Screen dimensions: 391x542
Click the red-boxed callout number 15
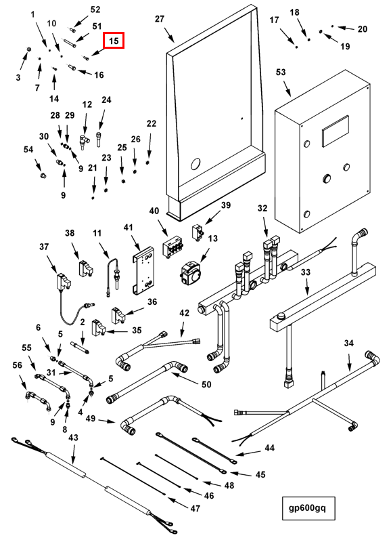(x=114, y=41)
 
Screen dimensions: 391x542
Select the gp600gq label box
(x=308, y=508)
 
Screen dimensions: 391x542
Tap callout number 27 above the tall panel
(x=160, y=19)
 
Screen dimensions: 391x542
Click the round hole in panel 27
(x=195, y=163)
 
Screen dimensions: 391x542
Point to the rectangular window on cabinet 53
(x=335, y=132)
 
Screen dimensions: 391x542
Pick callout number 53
(x=281, y=72)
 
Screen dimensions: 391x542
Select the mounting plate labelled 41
(x=144, y=270)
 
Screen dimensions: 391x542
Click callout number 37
(x=44, y=247)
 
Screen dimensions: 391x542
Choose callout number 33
(x=305, y=272)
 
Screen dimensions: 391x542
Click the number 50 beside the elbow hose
(x=206, y=384)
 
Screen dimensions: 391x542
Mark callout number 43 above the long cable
(x=73, y=438)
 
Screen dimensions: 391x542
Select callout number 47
(x=195, y=509)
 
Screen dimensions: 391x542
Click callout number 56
(x=17, y=365)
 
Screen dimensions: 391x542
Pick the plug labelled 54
(x=43, y=175)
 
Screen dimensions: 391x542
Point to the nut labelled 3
(x=29, y=50)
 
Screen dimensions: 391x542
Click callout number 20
(x=363, y=29)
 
